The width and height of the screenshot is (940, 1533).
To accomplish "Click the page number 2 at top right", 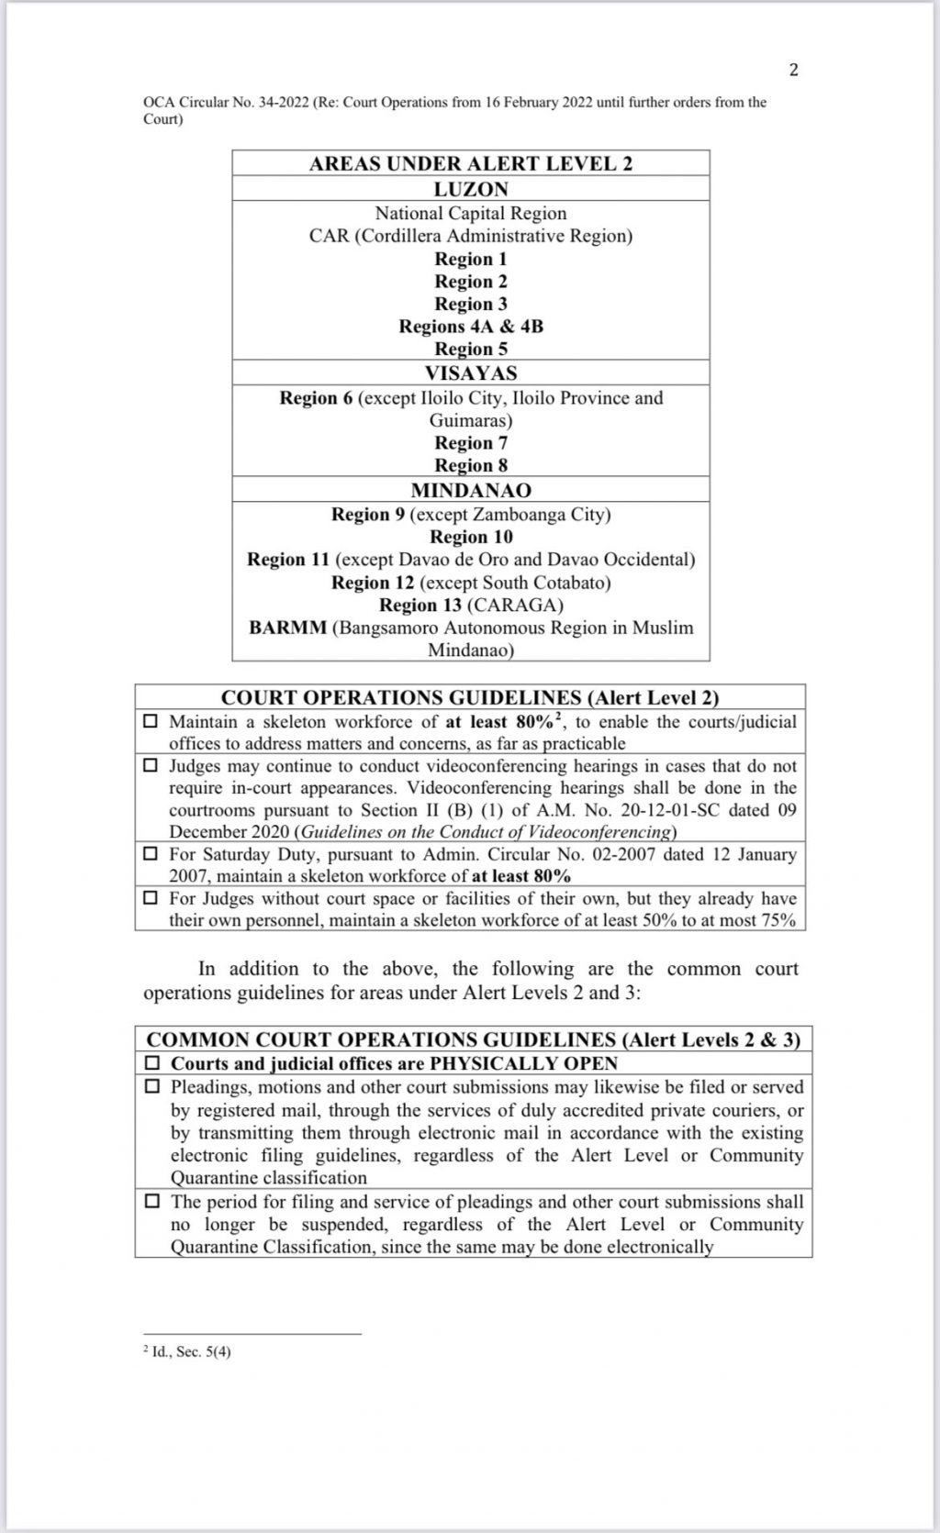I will click(793, 71).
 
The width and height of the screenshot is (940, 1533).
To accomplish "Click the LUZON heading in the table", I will click(470, 189).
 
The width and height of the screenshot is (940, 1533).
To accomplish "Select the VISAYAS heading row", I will click(470, 373).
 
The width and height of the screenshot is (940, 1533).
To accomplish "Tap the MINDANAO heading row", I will click(470, 490).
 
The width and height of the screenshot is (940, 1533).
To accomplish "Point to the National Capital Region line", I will click(470, 214).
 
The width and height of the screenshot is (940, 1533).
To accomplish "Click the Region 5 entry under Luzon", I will click(470, 350).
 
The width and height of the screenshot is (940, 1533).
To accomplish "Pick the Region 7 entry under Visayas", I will click(470, 443).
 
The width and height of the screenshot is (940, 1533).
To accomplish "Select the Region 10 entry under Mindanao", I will click(470, 538).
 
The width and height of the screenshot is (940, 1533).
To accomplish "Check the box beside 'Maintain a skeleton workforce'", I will click(151, 722).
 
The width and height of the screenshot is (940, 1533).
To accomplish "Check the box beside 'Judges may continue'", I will click(151, 766).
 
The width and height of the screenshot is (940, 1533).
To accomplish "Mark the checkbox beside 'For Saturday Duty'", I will click(151, 854).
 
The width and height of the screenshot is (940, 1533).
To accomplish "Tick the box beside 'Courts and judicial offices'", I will click(153, 1064).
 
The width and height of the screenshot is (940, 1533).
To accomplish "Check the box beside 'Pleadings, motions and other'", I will click(153, 1087).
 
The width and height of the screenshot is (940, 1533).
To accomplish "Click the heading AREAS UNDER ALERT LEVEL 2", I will click(470, 164).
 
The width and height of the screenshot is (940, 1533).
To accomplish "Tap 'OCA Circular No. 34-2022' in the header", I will click(226, 102).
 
